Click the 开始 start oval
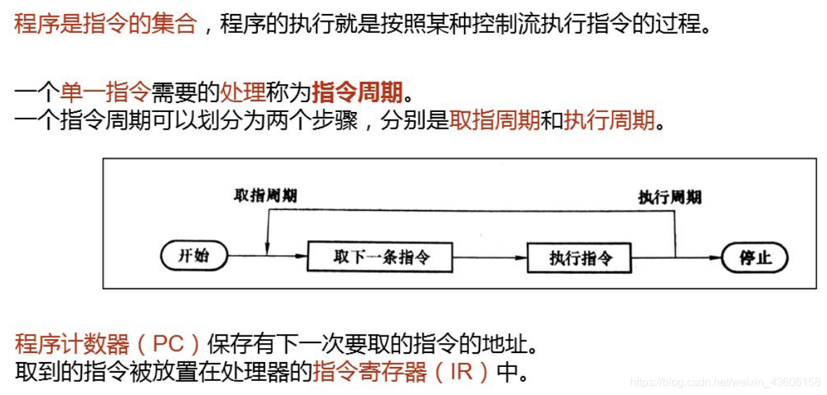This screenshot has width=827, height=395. point(194,256)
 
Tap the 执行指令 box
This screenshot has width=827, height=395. point(580,258)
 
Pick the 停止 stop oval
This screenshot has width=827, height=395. point(754,258)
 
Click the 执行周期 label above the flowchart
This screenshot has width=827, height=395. point(669,197)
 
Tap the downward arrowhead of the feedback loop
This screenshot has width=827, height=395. point(267,247)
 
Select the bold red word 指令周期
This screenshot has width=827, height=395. point(357,92)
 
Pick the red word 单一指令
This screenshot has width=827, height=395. point(105,92)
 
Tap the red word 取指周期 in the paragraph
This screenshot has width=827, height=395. point(494,121)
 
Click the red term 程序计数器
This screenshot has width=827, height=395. point(72,344)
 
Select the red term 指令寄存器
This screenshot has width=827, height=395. point(369,371)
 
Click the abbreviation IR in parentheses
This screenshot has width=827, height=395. point(461,371)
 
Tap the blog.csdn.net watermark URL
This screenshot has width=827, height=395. point(725,382)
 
